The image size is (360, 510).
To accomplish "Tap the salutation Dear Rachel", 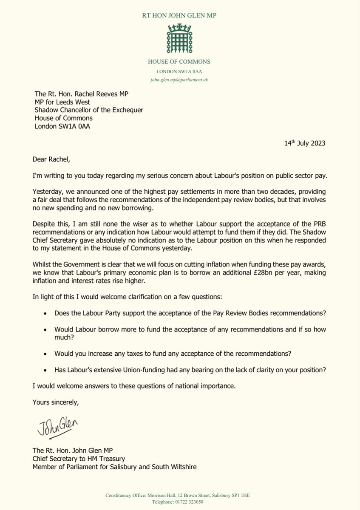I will tap(51, 160).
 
